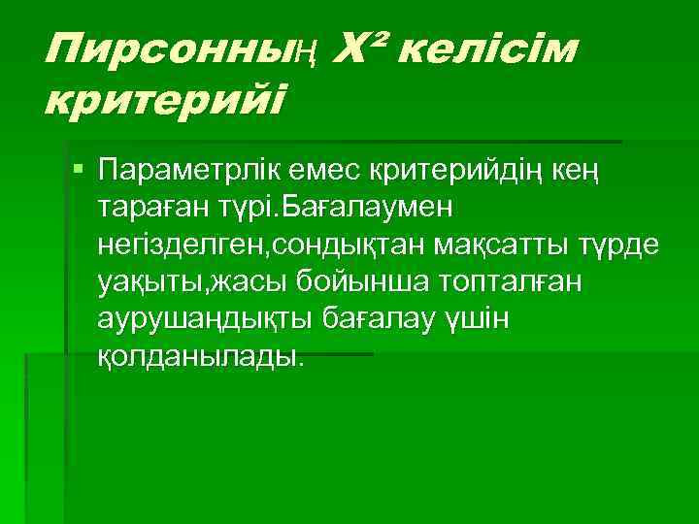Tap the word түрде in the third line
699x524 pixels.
pos(620,245)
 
